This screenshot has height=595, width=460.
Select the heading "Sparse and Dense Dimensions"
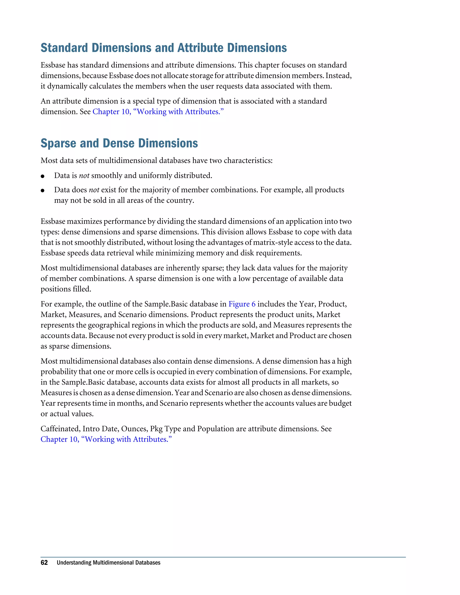point(119,143)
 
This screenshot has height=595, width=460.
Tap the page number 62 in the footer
point(44,563)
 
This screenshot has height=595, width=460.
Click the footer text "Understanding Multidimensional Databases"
point(108,563)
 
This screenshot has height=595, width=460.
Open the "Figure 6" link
point(242,304)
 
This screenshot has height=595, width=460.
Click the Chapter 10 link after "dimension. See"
point(158,112)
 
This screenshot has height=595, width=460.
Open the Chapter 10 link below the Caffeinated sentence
point(106,439)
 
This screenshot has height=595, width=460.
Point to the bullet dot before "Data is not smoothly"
point(42,176)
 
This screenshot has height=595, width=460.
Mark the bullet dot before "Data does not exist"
point(42,191)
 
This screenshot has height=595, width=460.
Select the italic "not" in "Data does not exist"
point(94,190)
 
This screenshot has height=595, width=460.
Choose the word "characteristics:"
point(248,161)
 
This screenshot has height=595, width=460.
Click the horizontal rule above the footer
point(223,557)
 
